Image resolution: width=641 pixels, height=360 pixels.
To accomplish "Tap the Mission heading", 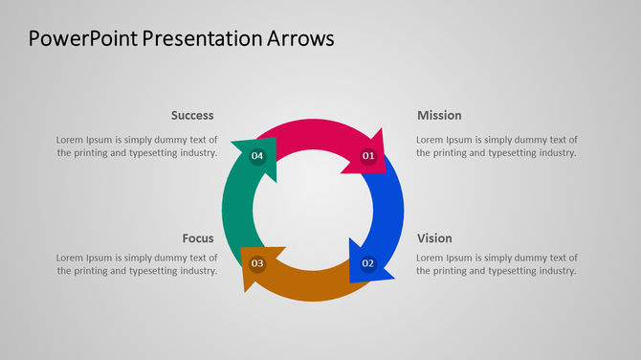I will pyautogui.click(x=439, y=116).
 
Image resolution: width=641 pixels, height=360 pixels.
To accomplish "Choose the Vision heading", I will pyautogui.click(x=434, y=238).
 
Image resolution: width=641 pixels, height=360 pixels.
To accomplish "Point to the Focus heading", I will pyautogui.click(x=198, y=238).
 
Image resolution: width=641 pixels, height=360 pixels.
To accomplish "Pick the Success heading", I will pyautogui.click(x=192, y=116).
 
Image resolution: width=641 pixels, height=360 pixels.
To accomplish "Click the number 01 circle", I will pyautogui.click(x=368, y=156).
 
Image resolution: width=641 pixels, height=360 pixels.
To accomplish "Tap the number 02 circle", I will pyautogui.click(x=367, y=263).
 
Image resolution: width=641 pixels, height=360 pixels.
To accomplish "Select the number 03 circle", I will pyautogui.click(x=257, y=263).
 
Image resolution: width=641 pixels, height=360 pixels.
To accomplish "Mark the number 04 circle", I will pyautogui.click(x=257, y=156).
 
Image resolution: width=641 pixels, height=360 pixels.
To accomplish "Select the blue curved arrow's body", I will pyautogui.click(x=389, y=211).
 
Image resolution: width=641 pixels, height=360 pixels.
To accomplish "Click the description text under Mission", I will pyautogui.click(x=497, y=146).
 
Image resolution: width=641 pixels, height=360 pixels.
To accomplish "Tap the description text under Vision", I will pyautogui.click(x=497, y=264).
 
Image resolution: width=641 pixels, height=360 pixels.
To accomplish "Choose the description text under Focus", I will pyautogui.click(x=137, y=264).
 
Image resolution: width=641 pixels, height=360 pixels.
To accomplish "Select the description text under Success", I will pyautogui.click(x=137, y=146).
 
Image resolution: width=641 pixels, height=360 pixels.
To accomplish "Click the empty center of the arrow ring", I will pyautogui.click(x=313, y=210).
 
